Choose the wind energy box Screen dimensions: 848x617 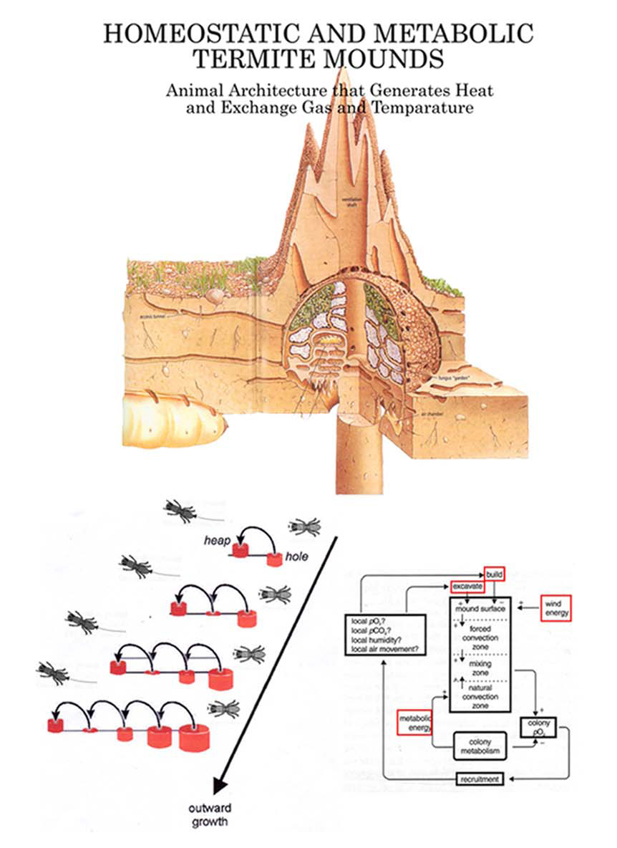tap(555, 609)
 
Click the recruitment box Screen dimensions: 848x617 tap(480, 779)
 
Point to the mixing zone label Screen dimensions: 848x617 tap(480, 668)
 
